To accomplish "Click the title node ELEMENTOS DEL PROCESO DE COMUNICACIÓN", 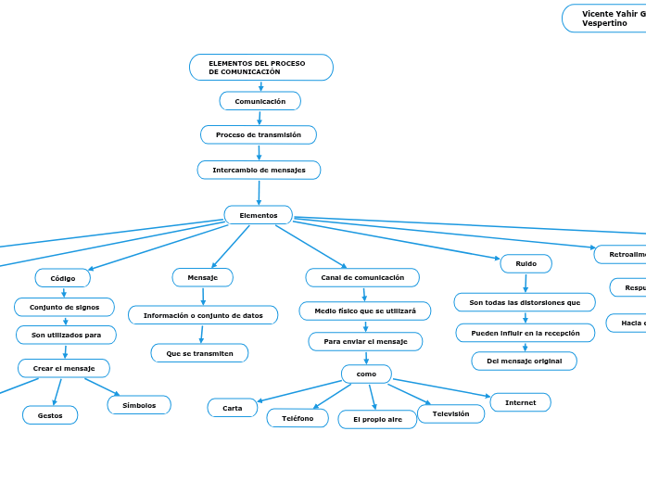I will coord(260,68).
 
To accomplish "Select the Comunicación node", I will coord(260,101).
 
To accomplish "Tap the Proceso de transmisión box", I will coord(258,135).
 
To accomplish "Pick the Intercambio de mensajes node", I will coord(259,171).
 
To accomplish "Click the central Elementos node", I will coord(258,215).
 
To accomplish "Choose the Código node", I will coord(63,278).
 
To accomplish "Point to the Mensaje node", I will coord(202,277).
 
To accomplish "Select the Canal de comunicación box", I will coord(362,277).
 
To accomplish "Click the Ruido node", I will coord(526,263).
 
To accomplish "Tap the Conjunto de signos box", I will coord(64,307).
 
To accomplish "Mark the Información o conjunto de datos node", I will coord(203,315).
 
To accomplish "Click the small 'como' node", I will coord(366,374).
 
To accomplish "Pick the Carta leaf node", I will coord(233,408).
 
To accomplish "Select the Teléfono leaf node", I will coord(298,418).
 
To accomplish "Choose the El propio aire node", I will coord(377,419).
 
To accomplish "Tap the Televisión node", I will coord(450,413).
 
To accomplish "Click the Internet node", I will coord(520,402).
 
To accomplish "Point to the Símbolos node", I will coord(139,405).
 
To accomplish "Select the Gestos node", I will coord(50,415).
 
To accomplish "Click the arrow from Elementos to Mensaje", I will coord(230,247).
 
